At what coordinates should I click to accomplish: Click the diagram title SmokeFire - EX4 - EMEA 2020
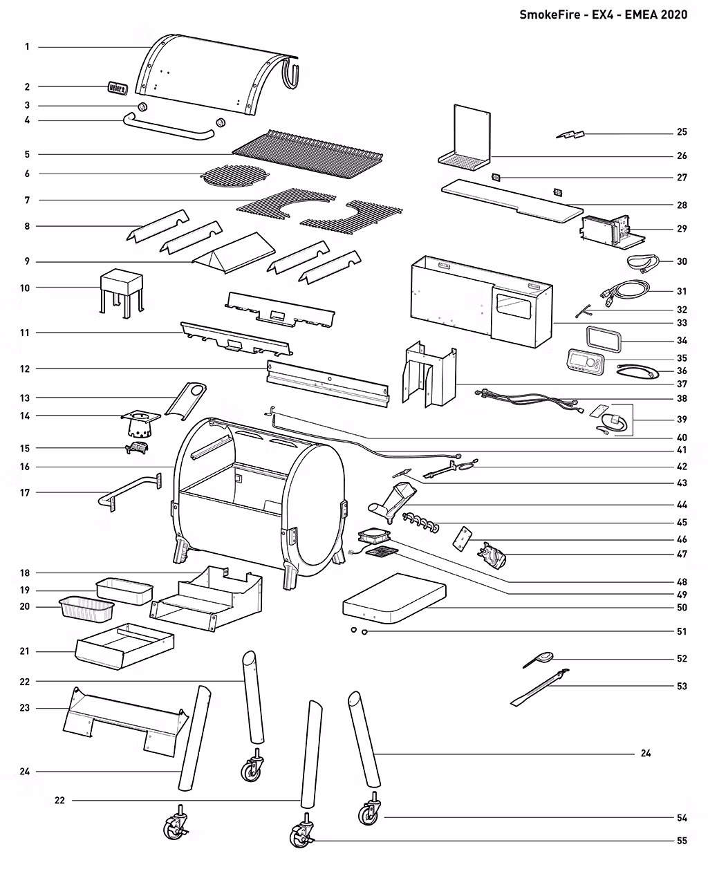(603, 15)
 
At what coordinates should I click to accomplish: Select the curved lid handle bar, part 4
(169, 129)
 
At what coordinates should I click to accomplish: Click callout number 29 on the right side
(682, 228)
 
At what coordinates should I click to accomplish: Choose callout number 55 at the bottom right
(682, 841)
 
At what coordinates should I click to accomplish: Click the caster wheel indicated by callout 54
(369, 813)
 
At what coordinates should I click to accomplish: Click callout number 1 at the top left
(27, 47)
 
